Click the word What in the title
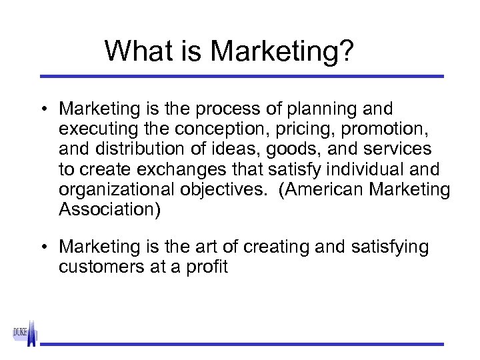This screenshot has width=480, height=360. click(135, 51)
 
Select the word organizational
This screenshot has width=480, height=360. click(117, 189)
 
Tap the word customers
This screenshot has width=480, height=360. click(101, 267)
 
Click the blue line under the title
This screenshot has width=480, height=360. click(241, 77)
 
